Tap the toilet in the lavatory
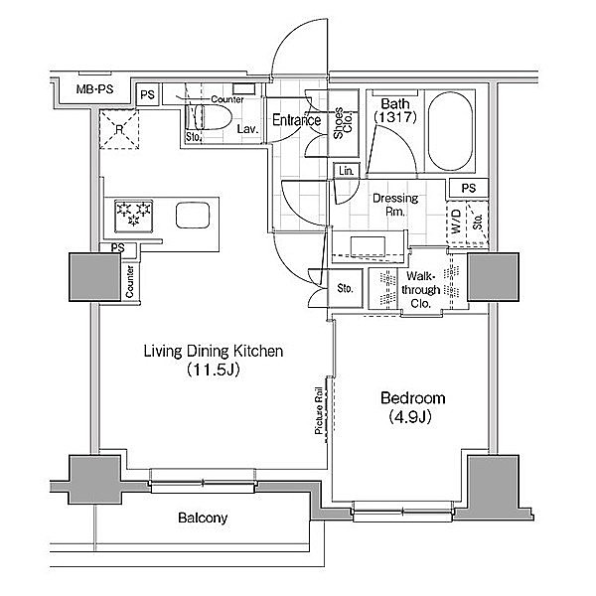[211, 120]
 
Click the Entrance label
[296, 120]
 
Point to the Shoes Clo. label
[340, 127]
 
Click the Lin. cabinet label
[346, 171]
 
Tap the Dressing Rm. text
[394, 205]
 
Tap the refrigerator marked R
[118, 129]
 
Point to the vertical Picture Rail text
[319, 410]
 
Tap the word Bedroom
[413, 398]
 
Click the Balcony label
[204, 518]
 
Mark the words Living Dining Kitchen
[215, 351]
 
